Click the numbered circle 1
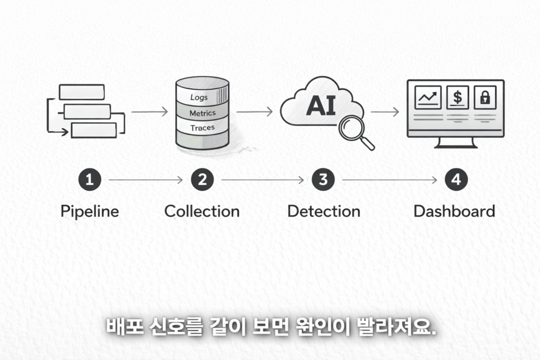click(90, 179)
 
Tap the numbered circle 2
click(202, 179)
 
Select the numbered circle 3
click(323, 179)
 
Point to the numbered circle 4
click(456, 179)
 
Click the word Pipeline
click(90, 211)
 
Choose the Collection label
click(202, 211)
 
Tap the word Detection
click(324, 211)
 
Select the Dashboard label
click(454, 211)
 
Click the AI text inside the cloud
click(321, 105)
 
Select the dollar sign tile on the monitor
click(457, 98)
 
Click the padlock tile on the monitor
click(485, 98)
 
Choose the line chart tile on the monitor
click(428, 98)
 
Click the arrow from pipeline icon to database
click(149, 112)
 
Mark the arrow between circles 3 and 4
click(390, 180)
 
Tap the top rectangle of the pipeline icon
click(82, 92)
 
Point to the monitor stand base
click(456, 146)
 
